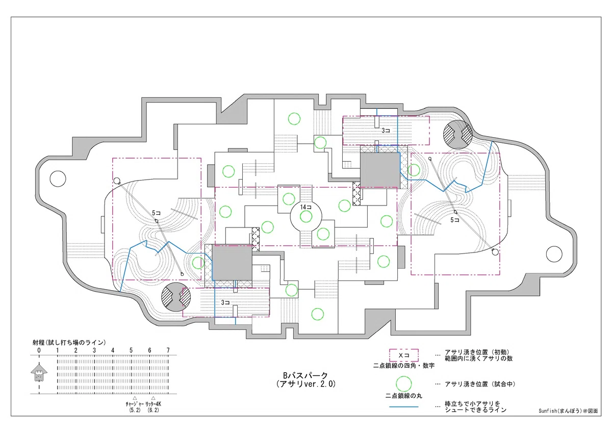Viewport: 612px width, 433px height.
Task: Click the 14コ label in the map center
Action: point(305,207)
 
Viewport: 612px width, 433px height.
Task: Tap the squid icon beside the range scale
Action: point(39,372)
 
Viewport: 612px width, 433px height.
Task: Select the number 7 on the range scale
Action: point(168,350)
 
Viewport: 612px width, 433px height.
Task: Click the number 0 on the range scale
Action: point(39,350)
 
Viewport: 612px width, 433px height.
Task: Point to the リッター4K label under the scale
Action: point(153,404)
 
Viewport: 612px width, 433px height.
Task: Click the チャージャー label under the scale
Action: point(135,404)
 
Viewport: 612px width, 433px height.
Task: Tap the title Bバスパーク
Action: point(305,375)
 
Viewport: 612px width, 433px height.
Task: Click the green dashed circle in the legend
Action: point(404,384)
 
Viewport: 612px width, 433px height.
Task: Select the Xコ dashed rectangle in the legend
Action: point(404,355)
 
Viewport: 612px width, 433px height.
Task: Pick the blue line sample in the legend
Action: point(404,407)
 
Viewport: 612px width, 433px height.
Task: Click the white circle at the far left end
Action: point(58,179)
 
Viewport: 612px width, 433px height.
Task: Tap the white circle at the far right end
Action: point(554,254)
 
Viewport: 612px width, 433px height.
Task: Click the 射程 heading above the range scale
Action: point(69,342)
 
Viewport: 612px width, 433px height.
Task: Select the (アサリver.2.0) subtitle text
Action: point(305,384)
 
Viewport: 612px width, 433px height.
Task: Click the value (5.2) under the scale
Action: point(135,410)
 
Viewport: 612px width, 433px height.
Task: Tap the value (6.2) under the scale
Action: point(153,410)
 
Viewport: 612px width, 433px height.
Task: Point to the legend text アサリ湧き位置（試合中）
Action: point(480,384)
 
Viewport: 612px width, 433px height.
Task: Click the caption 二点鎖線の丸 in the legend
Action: point(404,396)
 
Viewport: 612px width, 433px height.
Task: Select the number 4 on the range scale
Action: point(113,350)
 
